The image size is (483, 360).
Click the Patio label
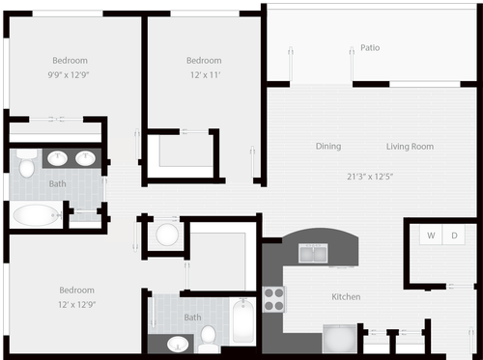(369, 47)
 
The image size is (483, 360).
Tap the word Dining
(327, 147)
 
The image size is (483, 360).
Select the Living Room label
(410, 147)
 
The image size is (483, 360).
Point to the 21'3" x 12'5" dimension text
(369, 176)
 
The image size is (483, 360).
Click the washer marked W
(431, 235)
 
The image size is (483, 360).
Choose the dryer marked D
(454, 235)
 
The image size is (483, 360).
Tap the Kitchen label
(346, 296)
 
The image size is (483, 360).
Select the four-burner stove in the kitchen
(274, 297)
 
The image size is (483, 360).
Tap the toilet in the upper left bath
(26, 167)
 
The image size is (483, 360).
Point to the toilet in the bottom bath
(208, 337)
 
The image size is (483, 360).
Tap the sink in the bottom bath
(179, 342)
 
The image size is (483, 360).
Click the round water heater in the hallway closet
(167, 235)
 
